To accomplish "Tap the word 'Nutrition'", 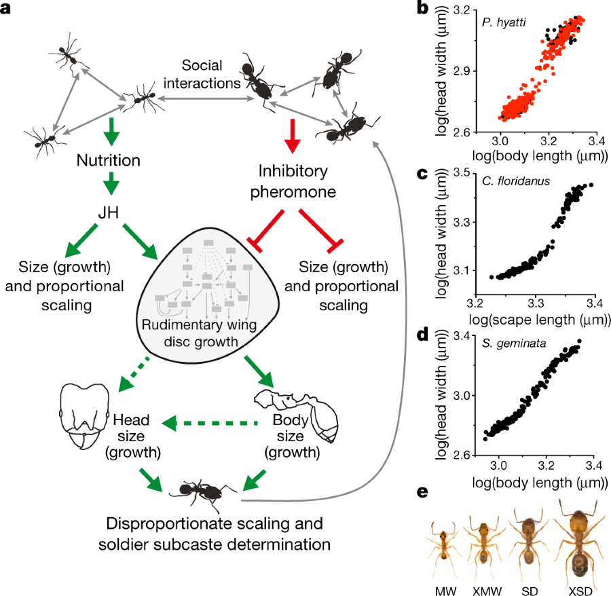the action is tap(108, 161).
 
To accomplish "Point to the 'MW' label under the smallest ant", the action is tap(445, 585).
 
